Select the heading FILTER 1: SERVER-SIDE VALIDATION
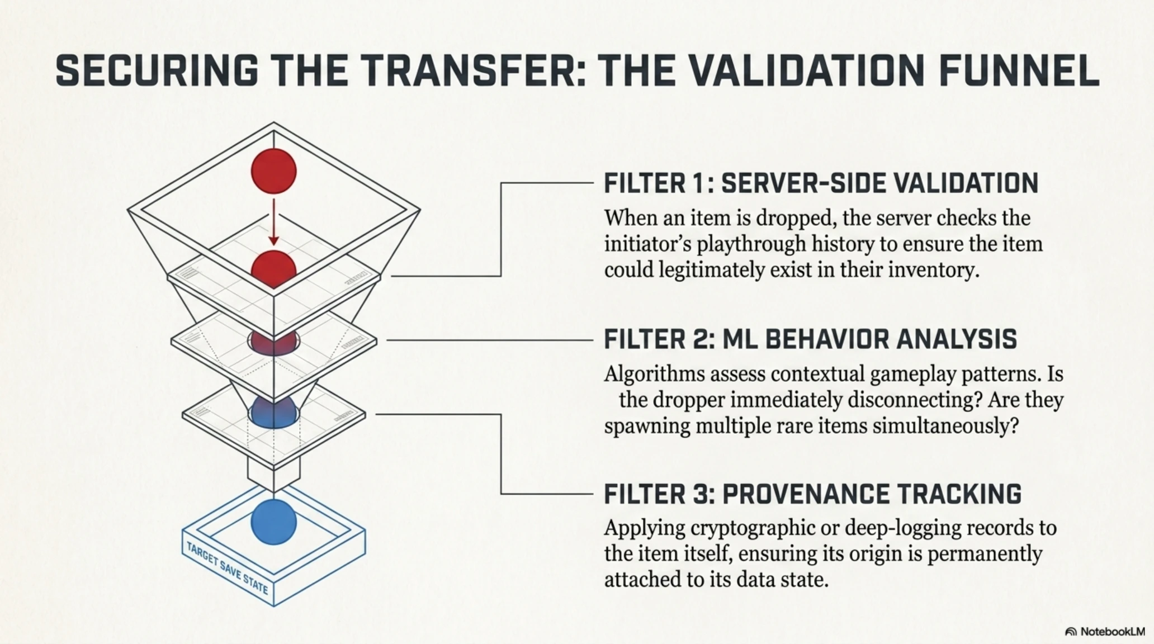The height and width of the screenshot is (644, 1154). (x=821, y=183)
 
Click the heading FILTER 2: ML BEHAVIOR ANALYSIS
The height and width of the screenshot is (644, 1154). (x=810, y=339)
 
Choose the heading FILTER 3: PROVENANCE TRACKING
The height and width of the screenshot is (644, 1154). (x=812, y=494)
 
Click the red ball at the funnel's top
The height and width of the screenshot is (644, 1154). (x=273, y=171)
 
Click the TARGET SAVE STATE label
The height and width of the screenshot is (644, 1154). (x=227, y=568)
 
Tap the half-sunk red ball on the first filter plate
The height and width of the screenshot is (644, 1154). (x=273, y=267)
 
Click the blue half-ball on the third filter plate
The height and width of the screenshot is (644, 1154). (x=273, y=413)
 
